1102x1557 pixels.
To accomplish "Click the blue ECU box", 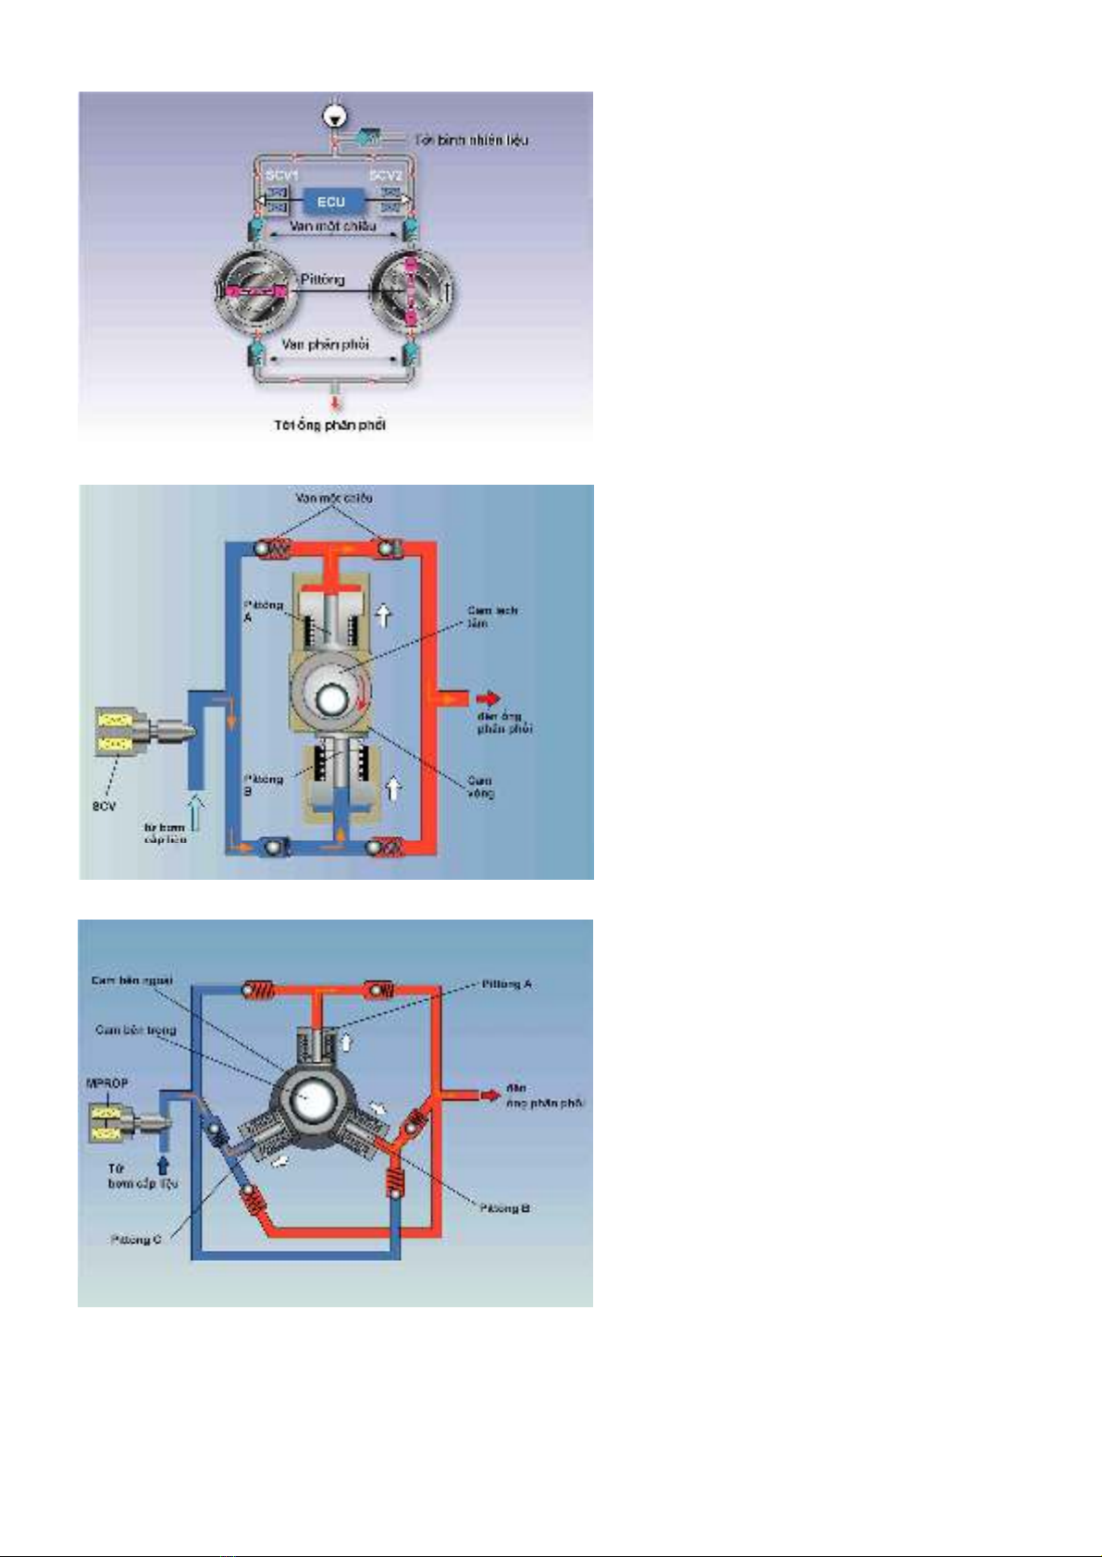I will point(330,202).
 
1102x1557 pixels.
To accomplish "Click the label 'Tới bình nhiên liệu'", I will point(477,141).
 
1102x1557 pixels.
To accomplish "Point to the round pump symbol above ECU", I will point(333,116).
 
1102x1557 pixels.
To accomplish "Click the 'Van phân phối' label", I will point(326,344).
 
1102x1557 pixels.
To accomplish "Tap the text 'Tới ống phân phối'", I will point(329,426).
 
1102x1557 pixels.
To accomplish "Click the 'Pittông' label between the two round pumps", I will point(322,279).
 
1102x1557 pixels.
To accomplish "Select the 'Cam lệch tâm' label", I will point(491,617).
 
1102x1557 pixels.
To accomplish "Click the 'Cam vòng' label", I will point(480,786).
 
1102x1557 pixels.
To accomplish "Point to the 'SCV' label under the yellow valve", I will point(104,807).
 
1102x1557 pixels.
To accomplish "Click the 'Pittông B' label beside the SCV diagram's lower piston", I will point(263,785).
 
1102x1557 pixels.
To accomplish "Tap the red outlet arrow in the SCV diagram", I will point(489,698).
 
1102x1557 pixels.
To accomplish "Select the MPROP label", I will point(107,1083).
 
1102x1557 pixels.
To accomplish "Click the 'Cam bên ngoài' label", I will point(131,981).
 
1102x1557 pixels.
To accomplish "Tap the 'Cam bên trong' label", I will point(135,1030).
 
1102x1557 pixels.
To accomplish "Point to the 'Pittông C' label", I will point(136,1240).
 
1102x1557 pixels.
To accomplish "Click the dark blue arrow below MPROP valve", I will point(163,1165).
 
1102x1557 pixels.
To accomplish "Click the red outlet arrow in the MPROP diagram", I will point(489,1096).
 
